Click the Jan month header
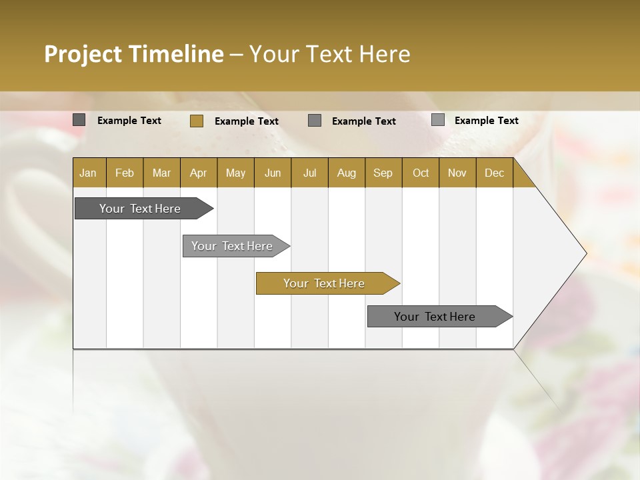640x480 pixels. [x=89, y=173]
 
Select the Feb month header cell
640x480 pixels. [x=125, y=173]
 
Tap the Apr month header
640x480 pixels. [x=199, y=173]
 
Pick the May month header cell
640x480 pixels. [x=235, y=173]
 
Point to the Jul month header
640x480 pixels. [x=309, y=173]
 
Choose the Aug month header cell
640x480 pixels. [x=347, y=173]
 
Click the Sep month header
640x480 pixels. [x=383, y=173]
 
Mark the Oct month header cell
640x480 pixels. [x=421, y=173]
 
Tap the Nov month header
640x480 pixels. [x=457, y=173]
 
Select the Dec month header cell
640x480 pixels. [x=495, y=173]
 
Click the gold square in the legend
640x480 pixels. [x=196, y=121]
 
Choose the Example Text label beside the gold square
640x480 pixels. [x=247, y=121]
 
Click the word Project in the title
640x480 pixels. [x=83, y=54]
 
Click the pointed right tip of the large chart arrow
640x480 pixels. [x=585, y=253]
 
